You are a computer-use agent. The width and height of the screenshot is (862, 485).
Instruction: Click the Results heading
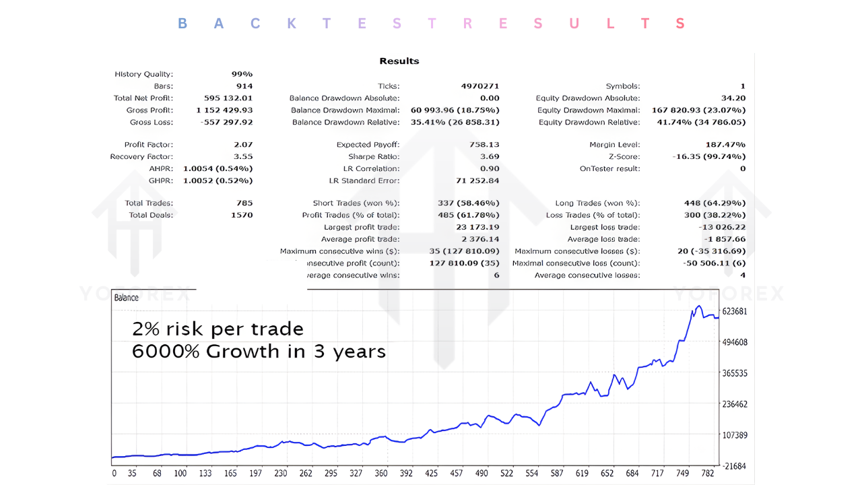[399, 61]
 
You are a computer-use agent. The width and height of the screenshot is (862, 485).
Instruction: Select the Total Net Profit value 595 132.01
[228, 98]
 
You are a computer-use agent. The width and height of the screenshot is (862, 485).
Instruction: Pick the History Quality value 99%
[242, 74]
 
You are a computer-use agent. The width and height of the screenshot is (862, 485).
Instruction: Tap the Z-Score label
[624, 157]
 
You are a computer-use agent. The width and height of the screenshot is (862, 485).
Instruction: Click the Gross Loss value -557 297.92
[227, 123]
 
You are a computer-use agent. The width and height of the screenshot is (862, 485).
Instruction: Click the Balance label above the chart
[127, 298]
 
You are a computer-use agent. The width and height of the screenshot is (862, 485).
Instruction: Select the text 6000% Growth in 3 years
[259, 351]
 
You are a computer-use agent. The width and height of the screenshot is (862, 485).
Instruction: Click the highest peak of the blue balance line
[698, 306]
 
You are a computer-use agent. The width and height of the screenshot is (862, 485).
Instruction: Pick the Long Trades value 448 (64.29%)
[715, 203]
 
